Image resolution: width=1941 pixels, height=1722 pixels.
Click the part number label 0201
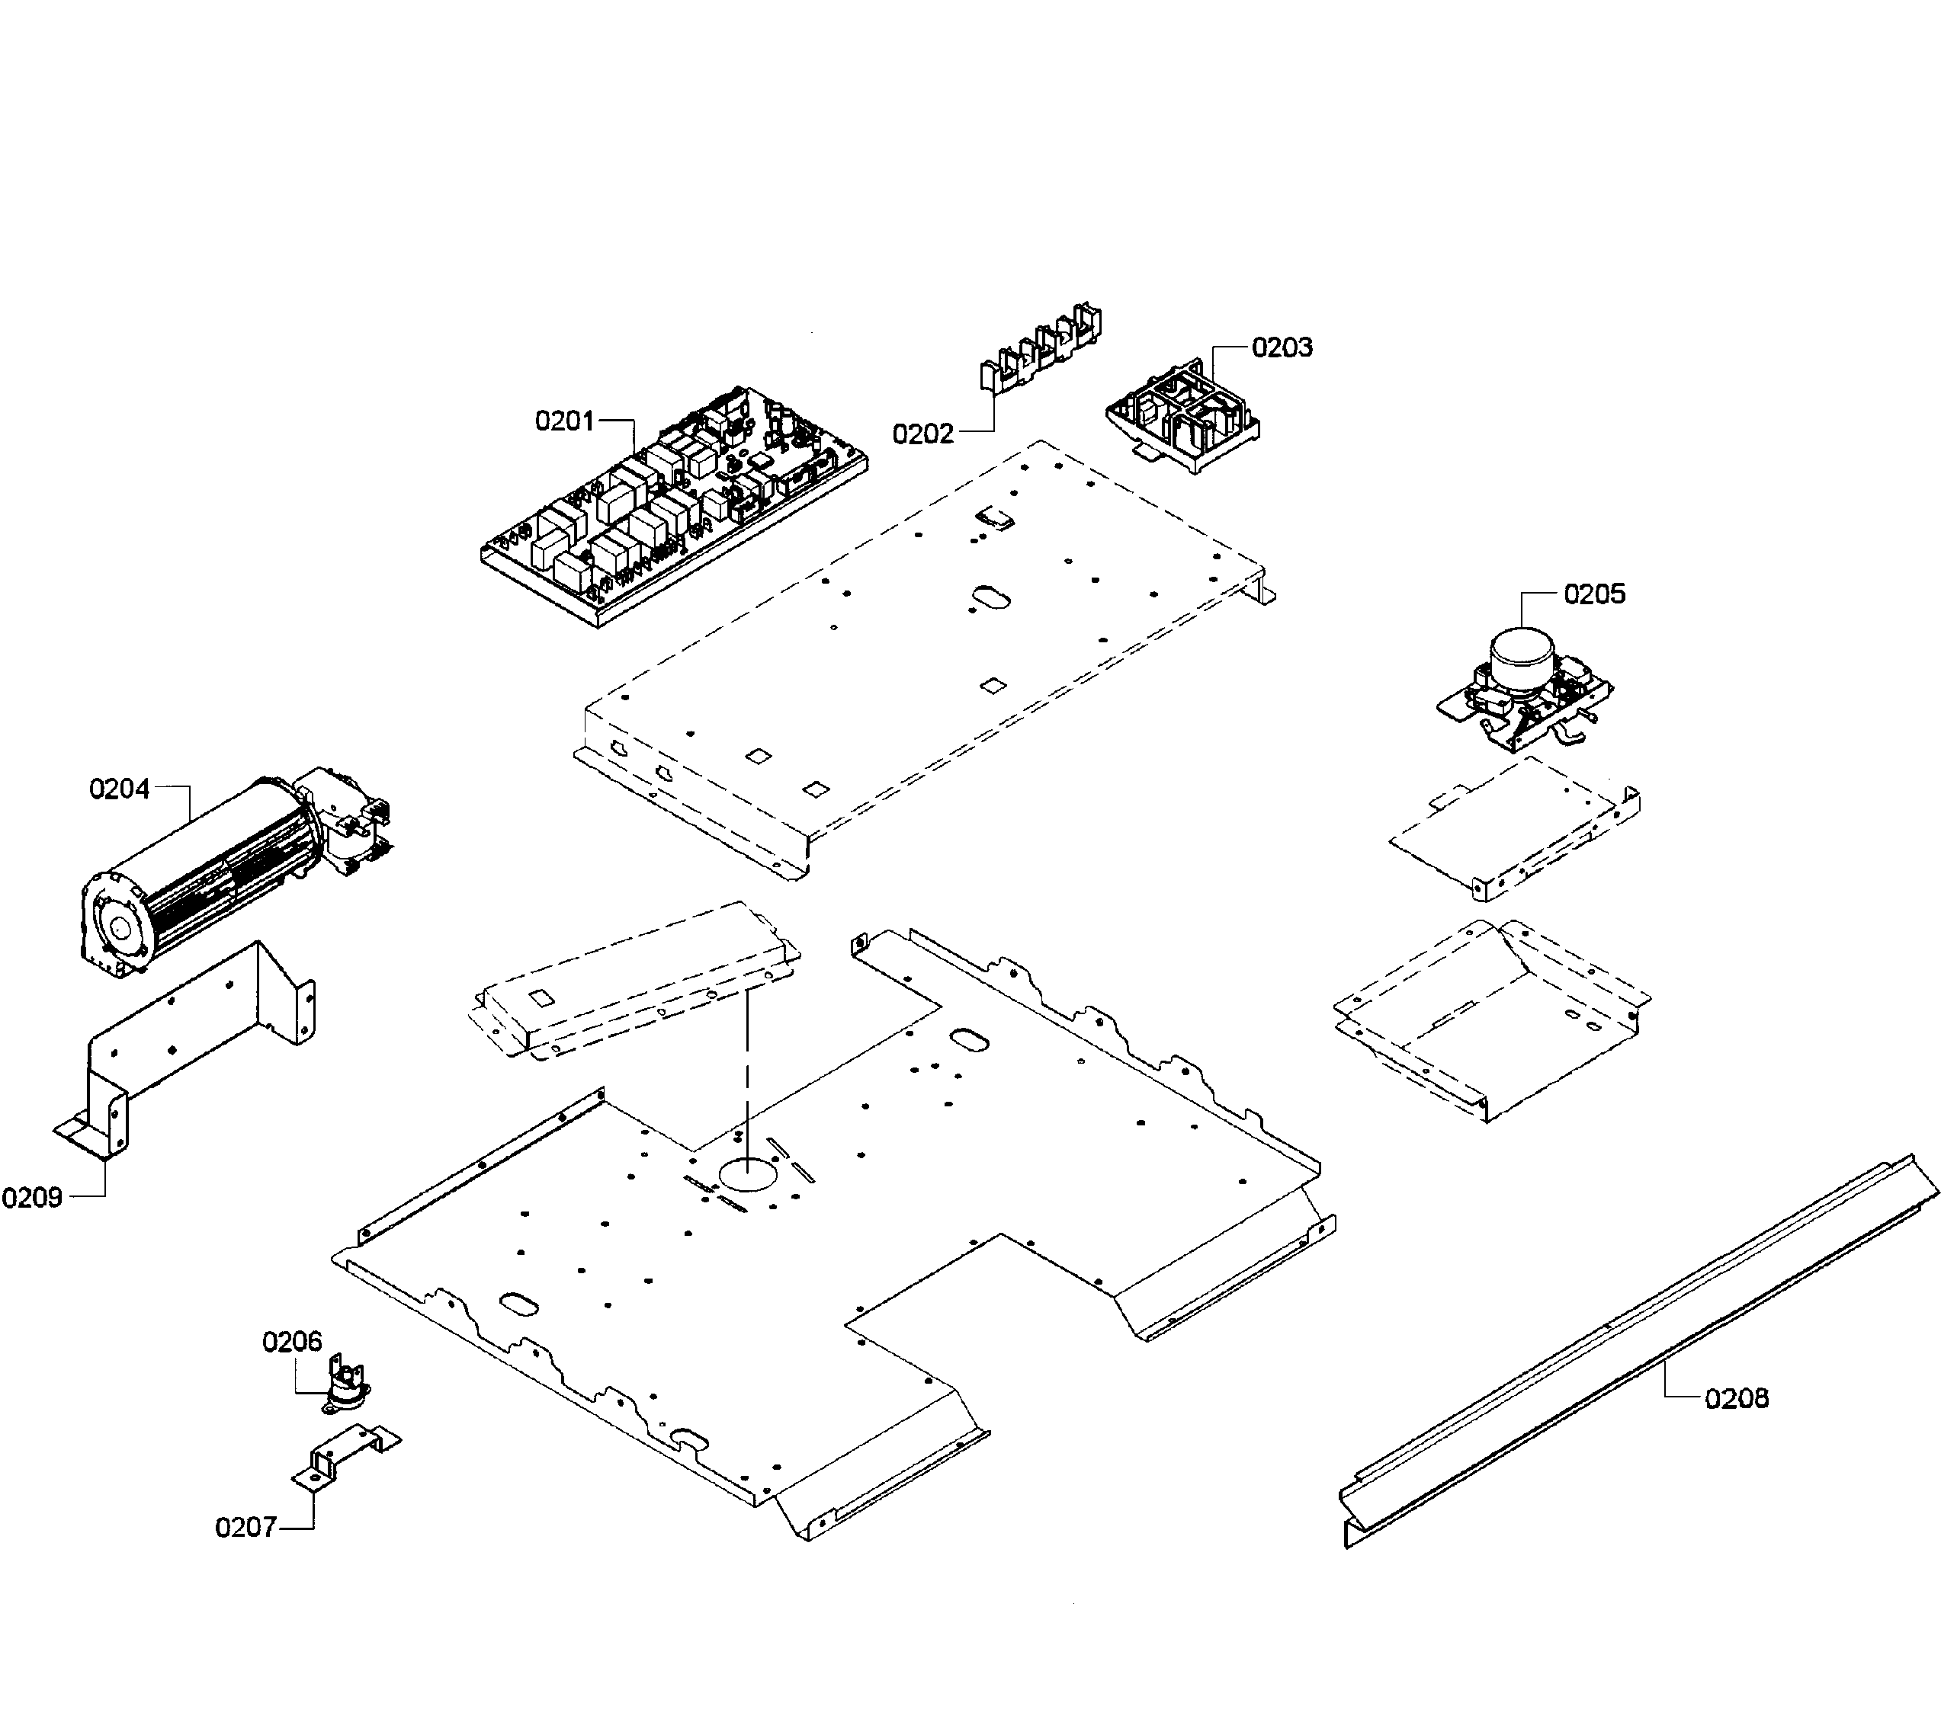click(x=564, y=421)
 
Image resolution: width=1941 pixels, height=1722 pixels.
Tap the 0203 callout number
click(x=1282, y=347)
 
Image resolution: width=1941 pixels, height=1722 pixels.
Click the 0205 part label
click(x=1594, y=594)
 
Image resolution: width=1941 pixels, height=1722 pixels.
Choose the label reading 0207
click(x=245, y=1528)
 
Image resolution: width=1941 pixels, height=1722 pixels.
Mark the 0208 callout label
click(x=1737, y=1398)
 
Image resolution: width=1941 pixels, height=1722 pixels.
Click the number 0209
click(x=32, y=1198)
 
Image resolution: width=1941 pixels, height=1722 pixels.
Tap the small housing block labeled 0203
click(x=1183, y=418)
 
